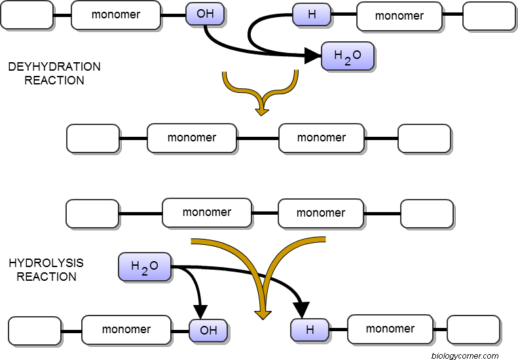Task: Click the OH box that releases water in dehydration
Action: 205,14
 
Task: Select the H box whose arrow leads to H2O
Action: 311,15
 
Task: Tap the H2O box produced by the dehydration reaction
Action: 347,57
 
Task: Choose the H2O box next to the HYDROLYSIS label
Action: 145,267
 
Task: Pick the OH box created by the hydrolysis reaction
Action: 208,331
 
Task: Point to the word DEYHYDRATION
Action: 54,67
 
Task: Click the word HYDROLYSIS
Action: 46,263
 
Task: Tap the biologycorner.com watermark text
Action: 465,355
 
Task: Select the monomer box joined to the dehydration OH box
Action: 116,15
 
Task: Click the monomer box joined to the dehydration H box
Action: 399,16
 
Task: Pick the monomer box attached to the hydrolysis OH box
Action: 126,330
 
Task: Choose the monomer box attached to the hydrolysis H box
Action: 390,329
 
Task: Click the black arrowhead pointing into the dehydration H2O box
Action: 312,57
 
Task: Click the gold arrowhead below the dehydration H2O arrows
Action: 262,111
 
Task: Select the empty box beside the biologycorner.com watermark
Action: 473,330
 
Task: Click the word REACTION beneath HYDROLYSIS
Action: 46,277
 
